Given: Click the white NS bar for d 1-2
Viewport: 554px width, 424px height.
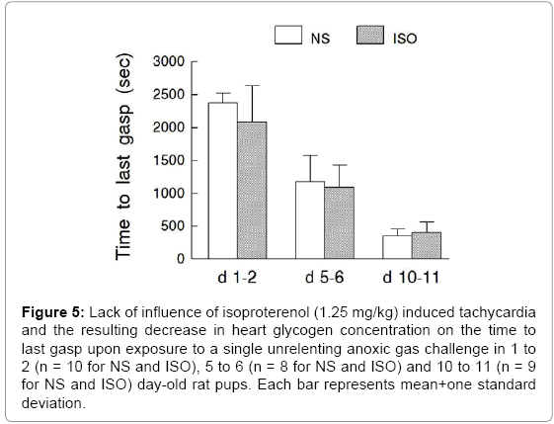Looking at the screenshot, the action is tap(223, 181).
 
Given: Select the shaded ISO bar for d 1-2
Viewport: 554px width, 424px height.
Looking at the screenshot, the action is tap(252, 190).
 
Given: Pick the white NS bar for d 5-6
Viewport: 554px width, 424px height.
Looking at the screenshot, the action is tap(310, 220).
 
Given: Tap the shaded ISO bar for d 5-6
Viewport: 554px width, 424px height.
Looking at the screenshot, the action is tap(339, 222).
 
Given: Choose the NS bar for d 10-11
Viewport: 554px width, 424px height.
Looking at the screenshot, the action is tap(397, 247).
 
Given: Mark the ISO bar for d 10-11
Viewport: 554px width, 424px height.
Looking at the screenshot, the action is tap(427, 245).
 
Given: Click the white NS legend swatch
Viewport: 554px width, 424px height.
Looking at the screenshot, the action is tap(288, 35).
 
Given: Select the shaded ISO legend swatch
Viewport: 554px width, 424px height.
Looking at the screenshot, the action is tap(370, 35).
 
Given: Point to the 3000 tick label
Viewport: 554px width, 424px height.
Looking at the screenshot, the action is tap(169, 61).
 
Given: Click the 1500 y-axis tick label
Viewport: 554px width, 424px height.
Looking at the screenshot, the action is tap(169, 160).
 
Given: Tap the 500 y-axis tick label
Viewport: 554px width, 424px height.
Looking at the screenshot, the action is tap(173, 226).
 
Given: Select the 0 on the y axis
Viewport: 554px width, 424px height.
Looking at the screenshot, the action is tap(181, 259).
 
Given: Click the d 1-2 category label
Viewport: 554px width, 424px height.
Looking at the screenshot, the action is tap(237, 278).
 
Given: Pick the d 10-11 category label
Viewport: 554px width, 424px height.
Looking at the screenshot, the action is tap(411, 278).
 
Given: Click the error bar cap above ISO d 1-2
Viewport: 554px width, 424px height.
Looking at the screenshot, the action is tap(252, 85).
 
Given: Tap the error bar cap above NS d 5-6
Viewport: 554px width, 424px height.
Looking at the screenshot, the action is tap(310, 155).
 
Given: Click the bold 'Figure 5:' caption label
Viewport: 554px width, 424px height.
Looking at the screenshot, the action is tap(53, 312).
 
